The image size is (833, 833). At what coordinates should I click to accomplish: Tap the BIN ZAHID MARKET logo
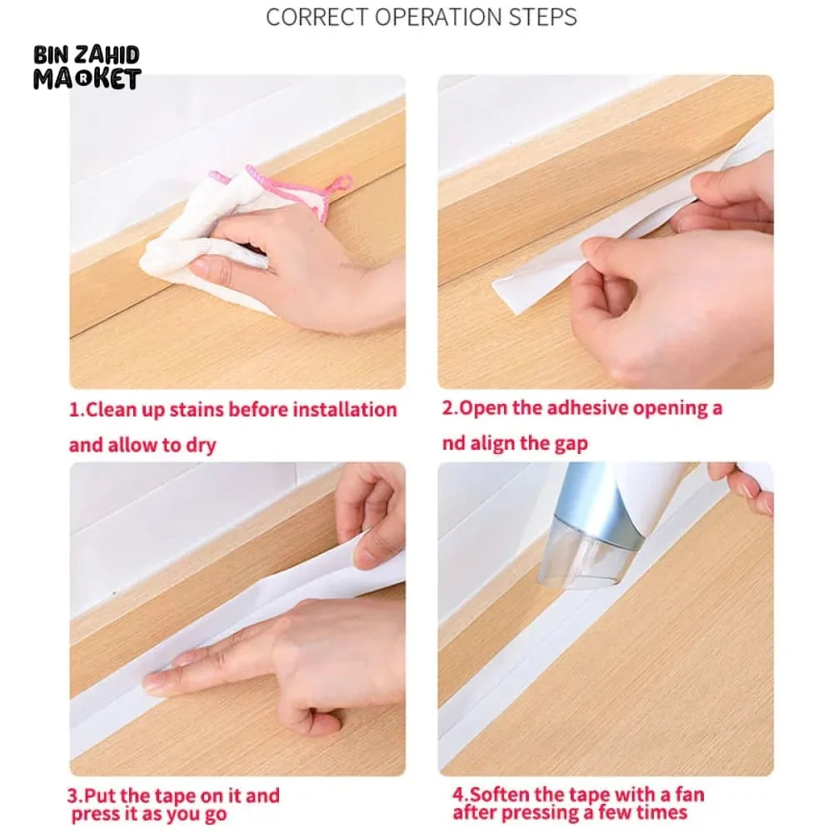(x=87, y=67)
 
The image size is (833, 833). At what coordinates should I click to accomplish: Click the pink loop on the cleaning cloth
(x=341, y=184)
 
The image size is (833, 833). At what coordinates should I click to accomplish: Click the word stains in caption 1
(x=197, y=410)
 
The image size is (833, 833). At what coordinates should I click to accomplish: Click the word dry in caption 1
(x=201, y=446)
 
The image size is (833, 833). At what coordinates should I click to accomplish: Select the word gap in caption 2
(x=571, y=444)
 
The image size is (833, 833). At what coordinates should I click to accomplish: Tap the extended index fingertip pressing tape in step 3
(x=152, y=681)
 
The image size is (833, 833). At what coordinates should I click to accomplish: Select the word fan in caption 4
(x=690, y=795)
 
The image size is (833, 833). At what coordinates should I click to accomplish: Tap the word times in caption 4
(x=664, y=813)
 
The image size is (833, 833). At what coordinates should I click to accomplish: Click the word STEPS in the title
(x=542, y=17)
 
